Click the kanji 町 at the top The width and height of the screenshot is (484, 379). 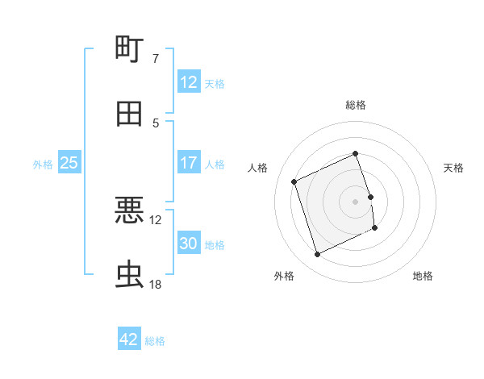130,49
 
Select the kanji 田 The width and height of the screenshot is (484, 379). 130,114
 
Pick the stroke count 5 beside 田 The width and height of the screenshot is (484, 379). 156,123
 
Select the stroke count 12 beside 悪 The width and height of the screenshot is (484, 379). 156,219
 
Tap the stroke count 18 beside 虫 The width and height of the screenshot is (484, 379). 156,285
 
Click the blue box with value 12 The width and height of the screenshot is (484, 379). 188,82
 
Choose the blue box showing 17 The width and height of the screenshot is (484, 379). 188,163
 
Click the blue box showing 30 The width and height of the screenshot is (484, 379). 188,244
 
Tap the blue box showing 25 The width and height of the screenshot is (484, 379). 69,163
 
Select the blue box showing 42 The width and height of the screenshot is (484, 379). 129,339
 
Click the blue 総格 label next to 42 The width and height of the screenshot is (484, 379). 155,340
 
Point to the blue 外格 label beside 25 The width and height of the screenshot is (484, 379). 43,164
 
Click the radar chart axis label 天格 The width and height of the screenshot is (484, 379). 453,168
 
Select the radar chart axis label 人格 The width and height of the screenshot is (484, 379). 258,168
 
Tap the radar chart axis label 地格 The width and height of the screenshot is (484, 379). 423,276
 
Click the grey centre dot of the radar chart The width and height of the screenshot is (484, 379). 356,201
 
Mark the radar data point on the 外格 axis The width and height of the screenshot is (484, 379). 317,255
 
